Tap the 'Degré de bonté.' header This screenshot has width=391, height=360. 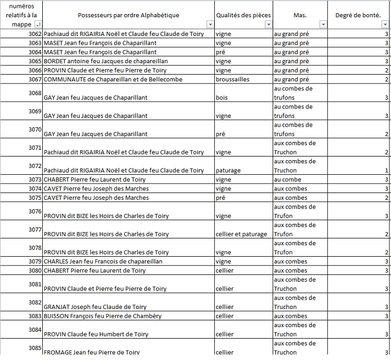357,15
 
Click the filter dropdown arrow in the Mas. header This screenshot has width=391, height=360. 323,25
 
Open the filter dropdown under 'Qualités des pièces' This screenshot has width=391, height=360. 268,25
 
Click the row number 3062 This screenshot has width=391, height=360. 35,34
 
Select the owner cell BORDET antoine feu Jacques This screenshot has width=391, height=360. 105,61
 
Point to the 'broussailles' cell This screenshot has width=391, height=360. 233,79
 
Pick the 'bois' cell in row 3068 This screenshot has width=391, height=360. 222,98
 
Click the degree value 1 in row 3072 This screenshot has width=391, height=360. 386,170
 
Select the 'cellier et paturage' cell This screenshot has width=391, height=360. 241,234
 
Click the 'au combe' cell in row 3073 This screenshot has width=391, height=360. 288,179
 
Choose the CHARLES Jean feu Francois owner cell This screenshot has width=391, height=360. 103,261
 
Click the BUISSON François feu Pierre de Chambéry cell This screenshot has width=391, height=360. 103,316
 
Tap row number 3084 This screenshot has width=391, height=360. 35,330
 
